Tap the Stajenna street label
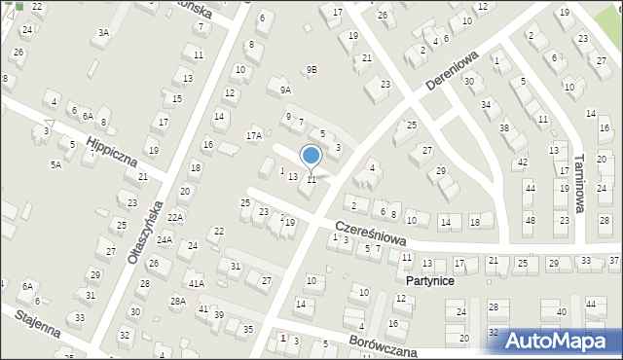[x=36, y=326]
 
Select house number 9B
[x=311, y=69]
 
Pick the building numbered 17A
[x=254, y=135]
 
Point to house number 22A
[x=175, y=217]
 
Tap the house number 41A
[x=197, y=283]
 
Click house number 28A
[x=178, y=302]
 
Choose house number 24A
[x=165, y=239]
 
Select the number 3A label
[x=103, y=32]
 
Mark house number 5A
[x=55, y=165]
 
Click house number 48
[x=529, y=220]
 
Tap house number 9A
[x=285, y=90]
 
